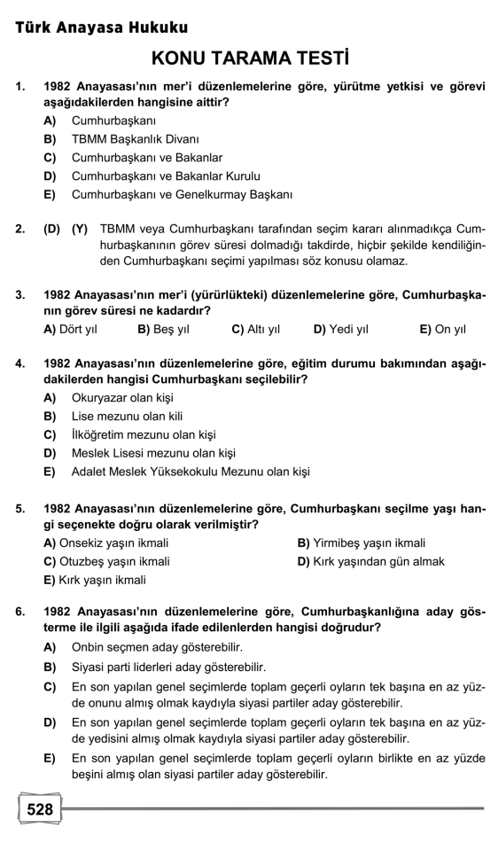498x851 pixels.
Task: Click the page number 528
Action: coord(40,808)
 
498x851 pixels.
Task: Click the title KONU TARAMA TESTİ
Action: coord(249,59)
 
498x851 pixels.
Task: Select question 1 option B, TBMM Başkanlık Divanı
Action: coord(135,139)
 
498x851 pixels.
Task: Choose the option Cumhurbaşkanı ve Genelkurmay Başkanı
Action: coord(182,194)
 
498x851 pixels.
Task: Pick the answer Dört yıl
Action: coord(70,329)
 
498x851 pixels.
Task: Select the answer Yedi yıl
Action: coord(341,329)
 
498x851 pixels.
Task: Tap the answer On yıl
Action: coord(442,329)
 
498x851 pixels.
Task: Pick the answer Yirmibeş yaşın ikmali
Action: coord(362,543)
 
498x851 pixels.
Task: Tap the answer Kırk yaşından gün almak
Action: coord(370,561)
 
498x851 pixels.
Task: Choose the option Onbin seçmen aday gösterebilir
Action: coord(156,648)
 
